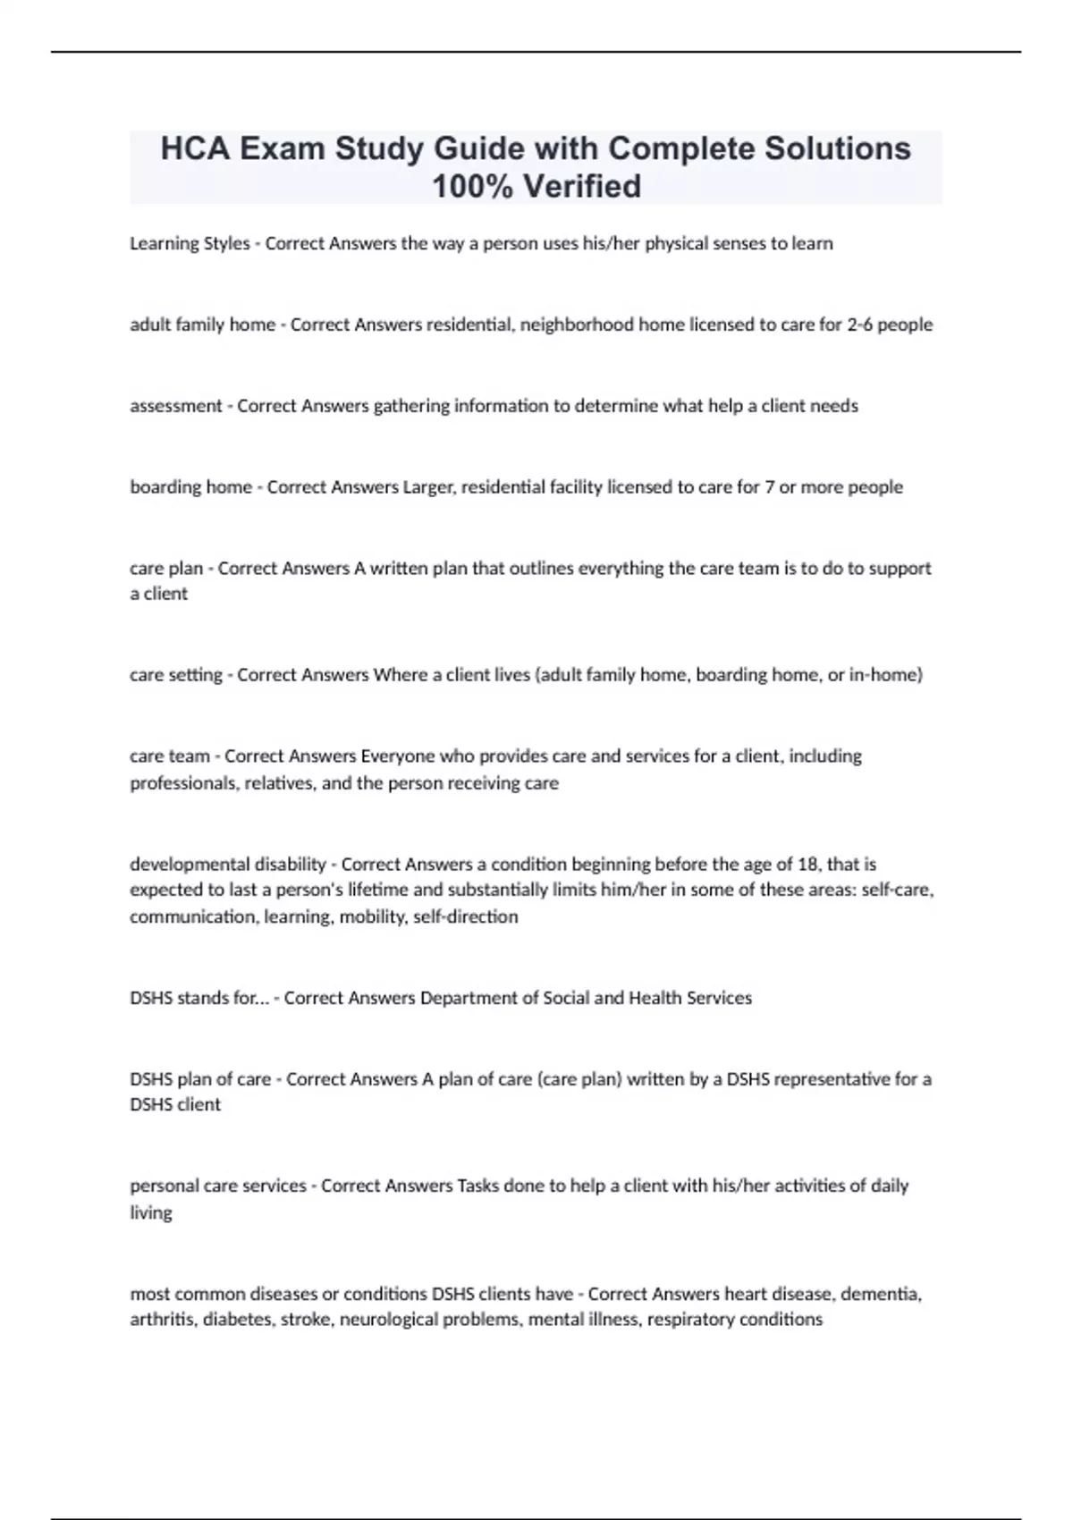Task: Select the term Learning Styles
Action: click(x=190, y=243)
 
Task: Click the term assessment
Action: click(x=176, y=406)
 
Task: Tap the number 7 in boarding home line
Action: click(x=769, y=487)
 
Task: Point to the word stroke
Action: click(x=305, y=1320)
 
